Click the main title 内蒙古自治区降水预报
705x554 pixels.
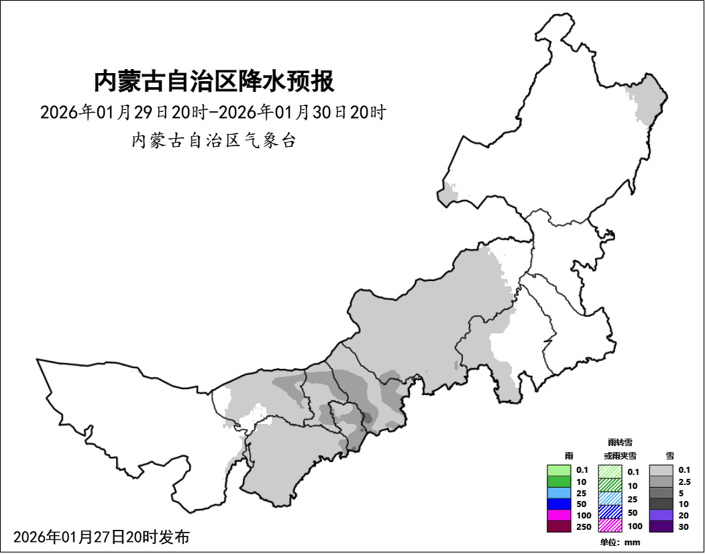[214, 82]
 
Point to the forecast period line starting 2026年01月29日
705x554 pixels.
[213, 112]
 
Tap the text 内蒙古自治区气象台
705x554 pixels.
[214, 141]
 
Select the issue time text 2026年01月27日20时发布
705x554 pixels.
[101, 537]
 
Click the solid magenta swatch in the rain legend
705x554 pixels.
[559, 515]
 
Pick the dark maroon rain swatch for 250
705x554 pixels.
[559, 527]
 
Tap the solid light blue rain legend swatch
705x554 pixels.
[559, 493]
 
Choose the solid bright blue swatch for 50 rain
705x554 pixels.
[559, 504]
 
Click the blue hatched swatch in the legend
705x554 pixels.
[610, 512]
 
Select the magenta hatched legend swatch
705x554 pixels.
[610, 525]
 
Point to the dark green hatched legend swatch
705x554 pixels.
[610, 485]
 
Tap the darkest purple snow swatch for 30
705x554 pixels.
[661, 527]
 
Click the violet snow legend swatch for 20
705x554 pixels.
[661, 515]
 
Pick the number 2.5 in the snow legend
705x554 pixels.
[684, 482]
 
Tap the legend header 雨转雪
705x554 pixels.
[620, 443]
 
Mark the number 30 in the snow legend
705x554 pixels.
[683, 527]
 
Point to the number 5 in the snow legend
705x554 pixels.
[680, 493]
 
